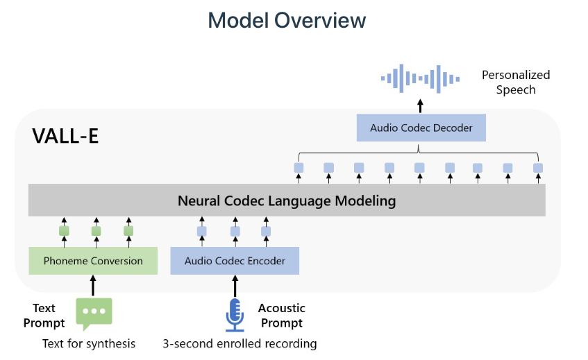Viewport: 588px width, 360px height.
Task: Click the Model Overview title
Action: (287, 20)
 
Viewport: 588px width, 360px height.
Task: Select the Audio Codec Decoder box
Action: (421, 128)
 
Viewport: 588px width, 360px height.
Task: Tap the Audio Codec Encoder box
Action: (234, 261)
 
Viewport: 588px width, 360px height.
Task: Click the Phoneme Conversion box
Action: (93, 261)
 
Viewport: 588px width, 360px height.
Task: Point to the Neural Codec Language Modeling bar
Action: (287, 201)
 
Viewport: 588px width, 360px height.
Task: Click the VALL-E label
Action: (65, 136)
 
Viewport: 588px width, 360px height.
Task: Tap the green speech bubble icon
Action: (94, 313)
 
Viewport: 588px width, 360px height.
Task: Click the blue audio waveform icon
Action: (421, 78)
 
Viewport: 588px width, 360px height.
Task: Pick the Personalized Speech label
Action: (516, 82)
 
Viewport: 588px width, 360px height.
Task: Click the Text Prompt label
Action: (44, 315)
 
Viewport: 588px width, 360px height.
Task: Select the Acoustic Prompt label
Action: (282, 315)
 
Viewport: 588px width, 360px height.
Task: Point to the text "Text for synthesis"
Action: (89, 343)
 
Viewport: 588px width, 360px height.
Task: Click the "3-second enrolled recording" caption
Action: (240, 343)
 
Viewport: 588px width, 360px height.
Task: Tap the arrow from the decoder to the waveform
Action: (421, 105)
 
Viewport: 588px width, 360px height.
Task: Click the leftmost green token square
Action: (64, 231)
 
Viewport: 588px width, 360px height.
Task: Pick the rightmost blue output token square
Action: (537, 168)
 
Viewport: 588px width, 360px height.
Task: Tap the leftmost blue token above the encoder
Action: (202, 231)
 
